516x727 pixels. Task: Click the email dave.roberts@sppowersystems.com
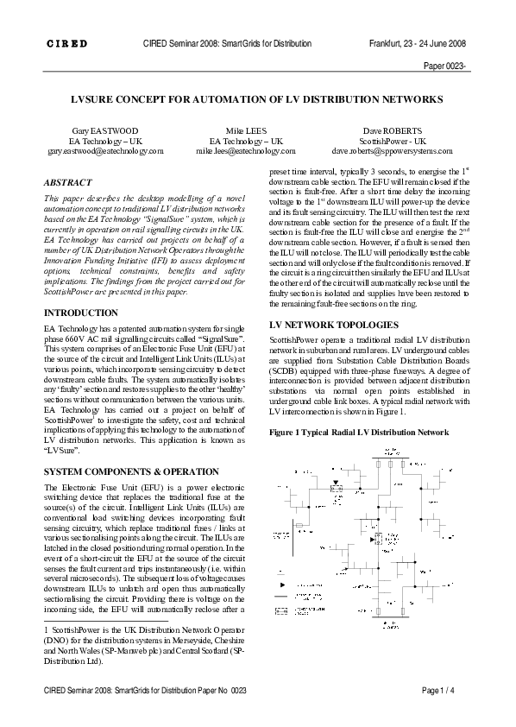(393, 150)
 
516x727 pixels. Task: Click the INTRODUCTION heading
(81, 312)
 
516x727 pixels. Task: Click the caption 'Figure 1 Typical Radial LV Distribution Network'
(359, 431)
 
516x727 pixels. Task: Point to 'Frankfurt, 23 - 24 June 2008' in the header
(417, 43)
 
